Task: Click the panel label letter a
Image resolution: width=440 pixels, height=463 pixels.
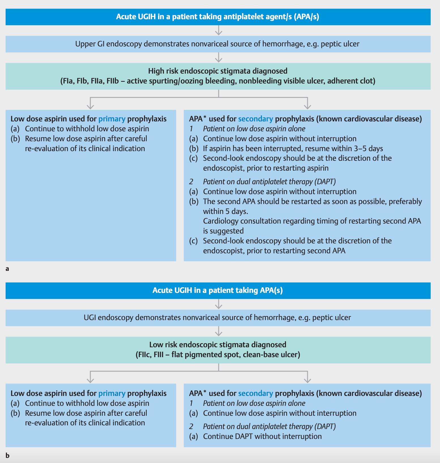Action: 7,269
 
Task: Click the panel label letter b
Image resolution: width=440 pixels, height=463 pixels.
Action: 7,456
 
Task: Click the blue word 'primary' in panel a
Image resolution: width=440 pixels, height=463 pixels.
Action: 112,119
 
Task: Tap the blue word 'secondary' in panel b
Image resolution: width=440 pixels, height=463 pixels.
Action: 255,393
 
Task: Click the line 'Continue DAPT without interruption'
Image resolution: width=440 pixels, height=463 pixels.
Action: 262,436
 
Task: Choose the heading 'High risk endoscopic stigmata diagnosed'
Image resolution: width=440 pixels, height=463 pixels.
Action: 218,71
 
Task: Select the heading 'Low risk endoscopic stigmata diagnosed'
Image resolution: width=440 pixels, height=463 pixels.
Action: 218,345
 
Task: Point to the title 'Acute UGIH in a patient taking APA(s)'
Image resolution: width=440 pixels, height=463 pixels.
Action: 217,290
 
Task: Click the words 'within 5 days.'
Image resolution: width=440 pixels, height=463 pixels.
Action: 225,211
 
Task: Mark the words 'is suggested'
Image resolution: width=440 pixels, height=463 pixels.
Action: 223,231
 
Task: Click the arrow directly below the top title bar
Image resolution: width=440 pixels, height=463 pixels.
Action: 218,31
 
